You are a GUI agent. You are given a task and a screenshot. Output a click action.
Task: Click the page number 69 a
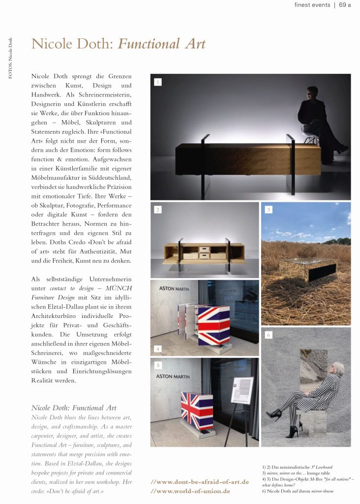pyautogui.click(x=345, y=5)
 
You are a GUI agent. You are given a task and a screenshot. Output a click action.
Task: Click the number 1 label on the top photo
pyautogui.click(x=157, y=82)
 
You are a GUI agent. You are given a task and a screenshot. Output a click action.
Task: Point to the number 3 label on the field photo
pyautogui.click(x=268, y=210)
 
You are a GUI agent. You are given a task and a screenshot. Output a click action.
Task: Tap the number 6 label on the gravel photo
pyautogui.click(x=268, y=335)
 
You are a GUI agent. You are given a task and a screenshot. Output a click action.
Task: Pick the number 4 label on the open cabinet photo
pyautogui.click(x=157, y=348)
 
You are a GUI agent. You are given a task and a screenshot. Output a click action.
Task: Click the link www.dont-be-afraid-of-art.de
pyautogui.click(x=200, y=482)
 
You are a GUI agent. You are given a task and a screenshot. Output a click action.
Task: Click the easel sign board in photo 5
pyautogui.click(x=242, y=390)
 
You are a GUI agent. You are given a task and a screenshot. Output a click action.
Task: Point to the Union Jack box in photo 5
pyautogui.click(x=197, y=409)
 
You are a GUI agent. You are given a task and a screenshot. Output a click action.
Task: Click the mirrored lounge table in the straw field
pyautogui.click(x=308, y=269)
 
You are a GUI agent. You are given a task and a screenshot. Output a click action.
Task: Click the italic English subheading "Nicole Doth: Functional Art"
pyautogui.click(x=74, y=408)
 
